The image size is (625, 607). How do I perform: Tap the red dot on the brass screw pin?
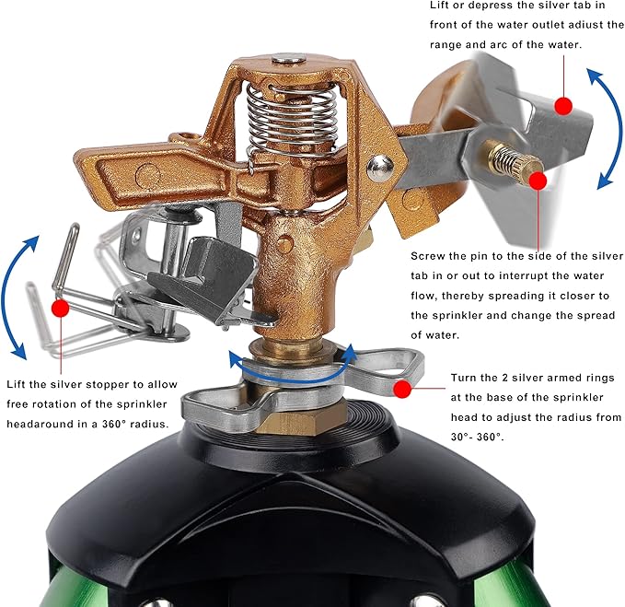(537, 181)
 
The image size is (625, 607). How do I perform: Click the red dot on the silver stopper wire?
(60, 309)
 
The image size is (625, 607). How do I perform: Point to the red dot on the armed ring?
(401, 389)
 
